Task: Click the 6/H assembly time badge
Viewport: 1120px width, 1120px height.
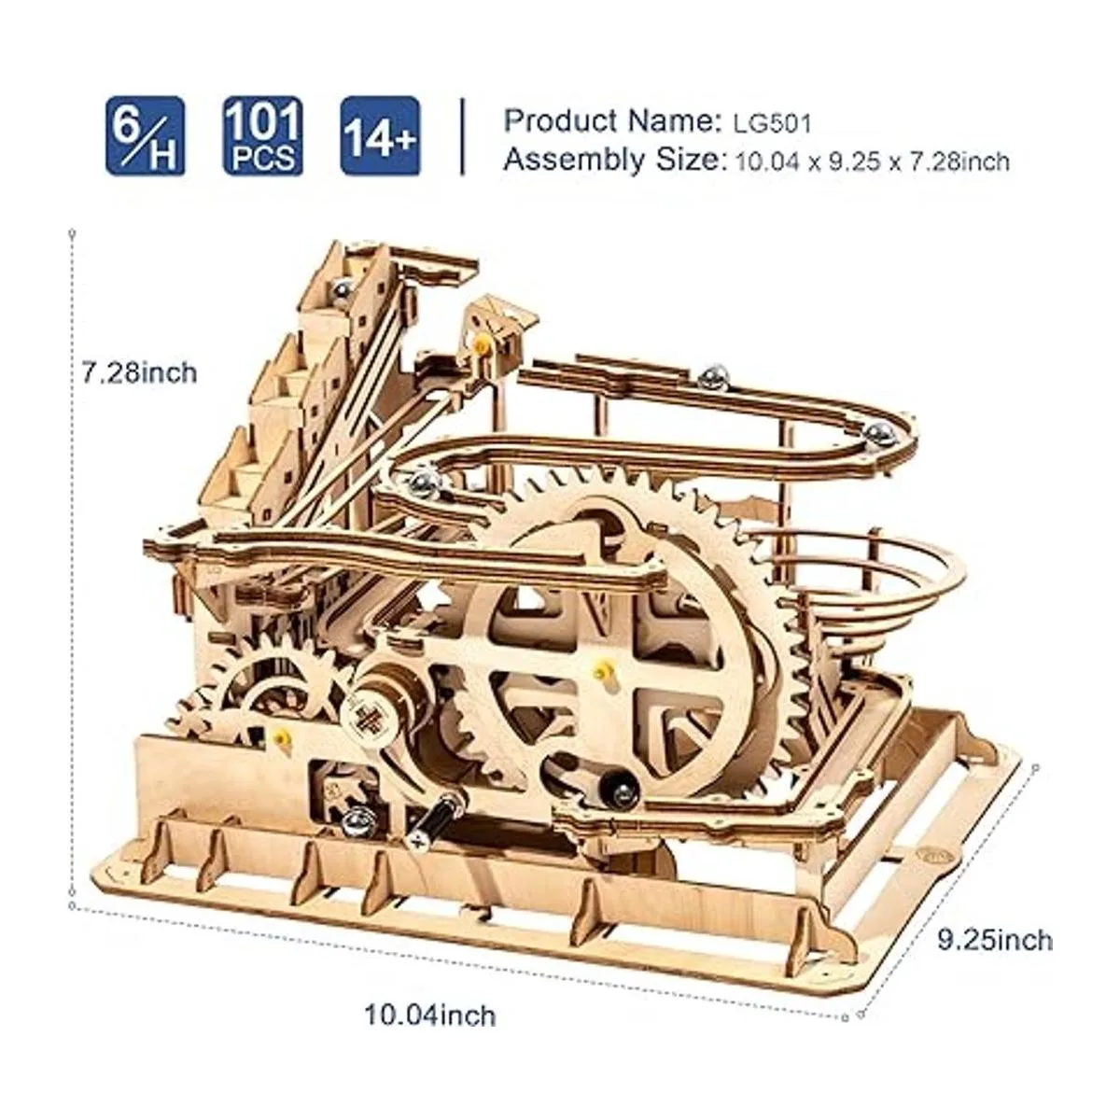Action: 145,136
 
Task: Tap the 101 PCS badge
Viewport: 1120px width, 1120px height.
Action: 262,136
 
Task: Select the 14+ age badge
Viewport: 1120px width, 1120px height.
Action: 380,136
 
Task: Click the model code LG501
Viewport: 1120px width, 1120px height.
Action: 771,123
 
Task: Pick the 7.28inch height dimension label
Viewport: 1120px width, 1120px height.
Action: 139,372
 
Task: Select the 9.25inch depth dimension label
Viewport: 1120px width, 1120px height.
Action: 994,940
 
